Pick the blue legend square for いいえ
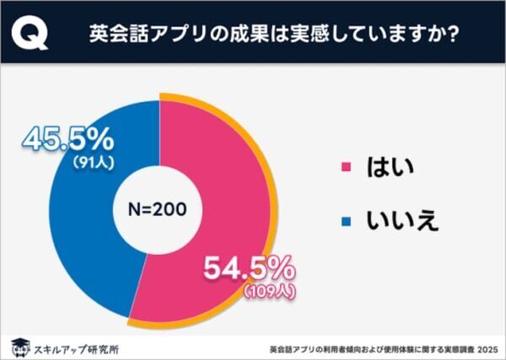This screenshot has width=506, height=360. pos(344,222)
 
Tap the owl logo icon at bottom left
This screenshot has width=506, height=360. pos(17,345)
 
